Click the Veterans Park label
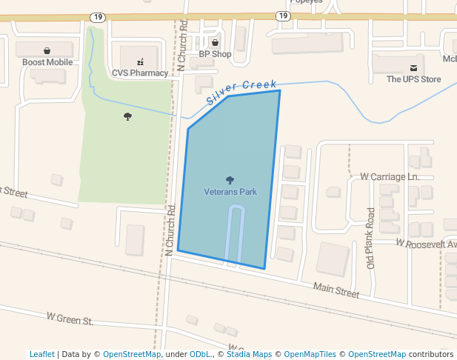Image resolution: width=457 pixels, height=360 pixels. [230, 192]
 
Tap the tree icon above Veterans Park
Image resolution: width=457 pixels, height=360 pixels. [230, 180]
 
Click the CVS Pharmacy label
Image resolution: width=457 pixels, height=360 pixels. [140, 73]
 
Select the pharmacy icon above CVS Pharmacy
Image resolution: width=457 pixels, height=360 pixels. [140, 61]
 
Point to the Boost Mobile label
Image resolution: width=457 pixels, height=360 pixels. [47, 62]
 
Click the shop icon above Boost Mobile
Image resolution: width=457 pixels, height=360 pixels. [47, 50]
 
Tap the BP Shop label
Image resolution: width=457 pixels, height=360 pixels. [215, 54]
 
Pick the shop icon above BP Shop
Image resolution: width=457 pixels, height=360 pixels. [216, 42]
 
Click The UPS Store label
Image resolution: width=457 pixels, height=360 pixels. [413, 79]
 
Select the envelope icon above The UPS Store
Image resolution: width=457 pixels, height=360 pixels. [413, 67]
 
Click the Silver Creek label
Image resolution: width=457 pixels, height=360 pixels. [241, 92]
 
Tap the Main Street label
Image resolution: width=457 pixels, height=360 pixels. [336, 290]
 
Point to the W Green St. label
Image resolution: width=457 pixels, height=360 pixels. [70, 319]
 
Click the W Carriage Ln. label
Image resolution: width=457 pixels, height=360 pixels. [390, 177]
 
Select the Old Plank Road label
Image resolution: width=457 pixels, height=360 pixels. [370, 238]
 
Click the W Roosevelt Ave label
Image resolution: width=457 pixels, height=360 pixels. [426, 243]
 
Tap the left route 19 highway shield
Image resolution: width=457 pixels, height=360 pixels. [99, 16]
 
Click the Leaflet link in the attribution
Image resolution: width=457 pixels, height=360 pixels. [42, 354]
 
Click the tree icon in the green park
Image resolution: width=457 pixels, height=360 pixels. [128, 116]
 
